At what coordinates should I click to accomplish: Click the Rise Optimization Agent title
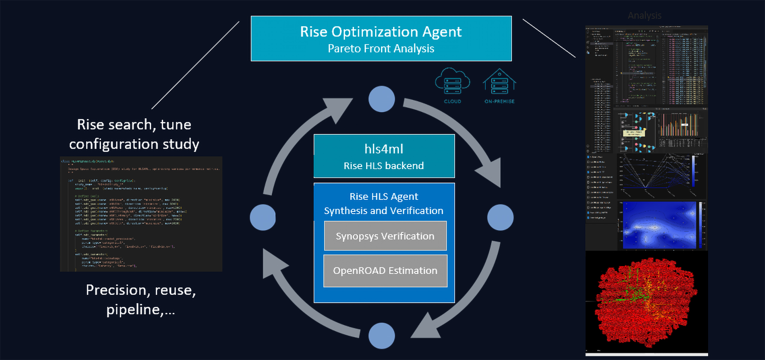pyautogui.click(x=381, y=32)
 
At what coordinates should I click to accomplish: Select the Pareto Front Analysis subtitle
pyautogui.click(x=381, y=48)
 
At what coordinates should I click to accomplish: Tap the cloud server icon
pyautogui.click(x=452, y=81)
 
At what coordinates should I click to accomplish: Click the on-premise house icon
pyautogui.click(x=499, y=81)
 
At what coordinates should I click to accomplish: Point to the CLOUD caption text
pyautogui.click(x=452, y=102)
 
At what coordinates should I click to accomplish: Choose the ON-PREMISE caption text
pyautogui.click(x=499, y=102)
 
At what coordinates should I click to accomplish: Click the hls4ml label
pyautogui.click(x=384, y=149)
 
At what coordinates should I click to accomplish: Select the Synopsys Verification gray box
pyautogui.click(x=385, y=236)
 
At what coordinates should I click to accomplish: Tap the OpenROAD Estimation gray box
pyautogui.click(x=385, y=271)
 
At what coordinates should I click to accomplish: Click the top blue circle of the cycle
pyautogui.click(x=382, y=99)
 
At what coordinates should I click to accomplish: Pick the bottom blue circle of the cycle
pyautogui.click(x=382, y=336)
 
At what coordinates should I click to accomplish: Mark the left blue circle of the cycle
pyautogui.click(x=263, y=217)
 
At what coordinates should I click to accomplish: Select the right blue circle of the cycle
pyautogui.click(x=500, y=217)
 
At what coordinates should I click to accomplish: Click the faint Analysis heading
pyautogui.click(x=645, y=16)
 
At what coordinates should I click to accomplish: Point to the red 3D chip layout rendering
pyautogui.click(x=645, y=302)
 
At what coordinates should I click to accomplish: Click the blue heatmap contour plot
pyautogui.click(x=659, y=225)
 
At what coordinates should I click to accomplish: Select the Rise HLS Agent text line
pyautogui.click(x=384, y=197)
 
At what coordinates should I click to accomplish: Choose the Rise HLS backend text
pyautogui.click(x=384, y=166)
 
